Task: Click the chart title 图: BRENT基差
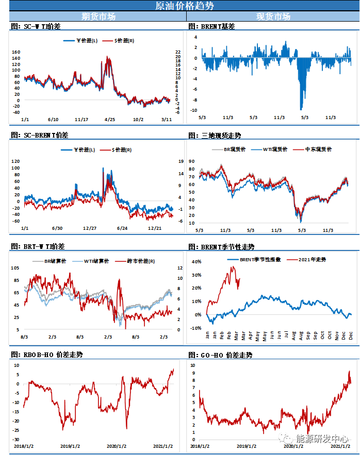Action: tap(211, 26)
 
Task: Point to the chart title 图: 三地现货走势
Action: tap(215, 136)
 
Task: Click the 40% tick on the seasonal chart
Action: tap(197, 262)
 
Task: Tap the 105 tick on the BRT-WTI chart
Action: tap(16, 268)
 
